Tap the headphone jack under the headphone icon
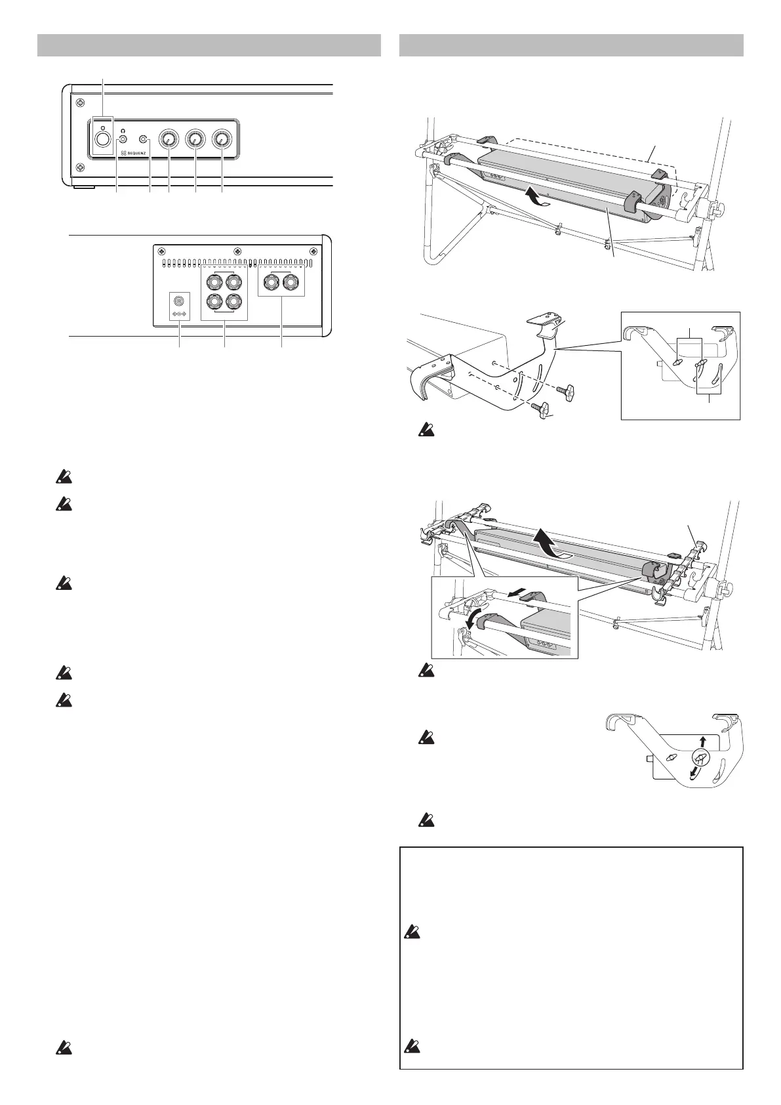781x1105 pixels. (x=122, y=139)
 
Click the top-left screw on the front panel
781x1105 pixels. (x=79, y=102)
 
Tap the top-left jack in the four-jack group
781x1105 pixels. (x=213, y=283)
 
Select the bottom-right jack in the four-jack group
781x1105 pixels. (x=233, y=302)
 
